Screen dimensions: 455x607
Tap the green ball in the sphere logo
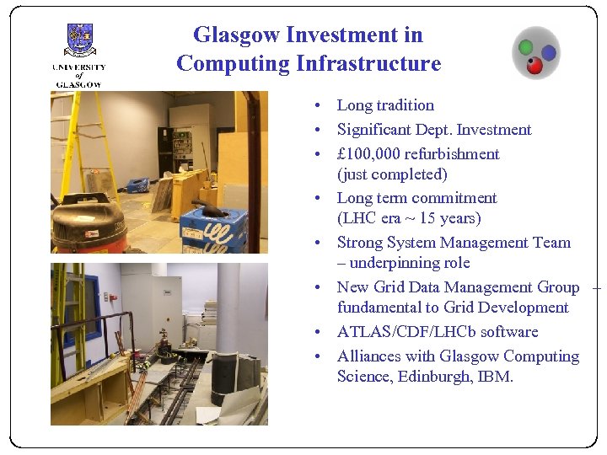click(x=526, y=47)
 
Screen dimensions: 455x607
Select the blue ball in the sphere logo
click(x=548, y=53)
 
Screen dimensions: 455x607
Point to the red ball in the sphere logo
click(x=534, y=65)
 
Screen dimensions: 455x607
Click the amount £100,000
click(x=368, y=154)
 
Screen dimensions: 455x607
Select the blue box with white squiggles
click(x=214, y=228)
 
